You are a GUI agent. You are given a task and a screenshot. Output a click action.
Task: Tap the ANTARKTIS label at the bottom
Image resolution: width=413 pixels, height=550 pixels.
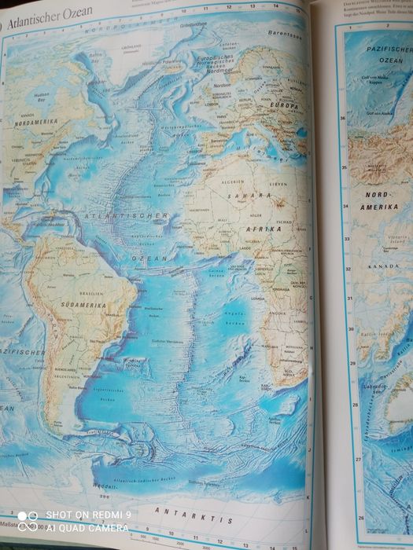189,511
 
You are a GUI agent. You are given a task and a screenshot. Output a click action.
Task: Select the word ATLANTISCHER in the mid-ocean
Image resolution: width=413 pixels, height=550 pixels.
130,215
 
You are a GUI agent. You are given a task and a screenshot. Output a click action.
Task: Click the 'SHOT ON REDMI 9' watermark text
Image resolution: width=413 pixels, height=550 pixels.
88,515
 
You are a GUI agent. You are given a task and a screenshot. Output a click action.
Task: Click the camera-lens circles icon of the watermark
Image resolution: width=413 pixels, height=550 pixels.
28,522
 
